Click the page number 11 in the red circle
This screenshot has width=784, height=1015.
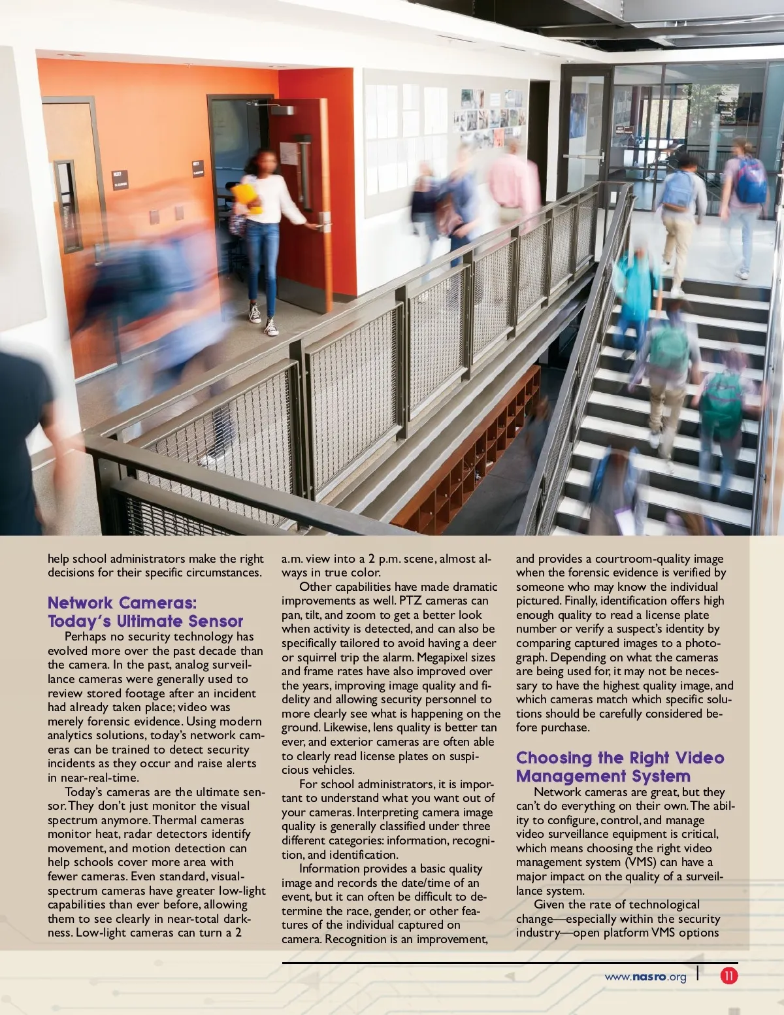728,976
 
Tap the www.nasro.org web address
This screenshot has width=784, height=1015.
645,977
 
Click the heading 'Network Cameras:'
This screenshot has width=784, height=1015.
122,603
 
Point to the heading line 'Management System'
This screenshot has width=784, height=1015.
602,776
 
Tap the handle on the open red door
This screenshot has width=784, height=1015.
322,225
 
